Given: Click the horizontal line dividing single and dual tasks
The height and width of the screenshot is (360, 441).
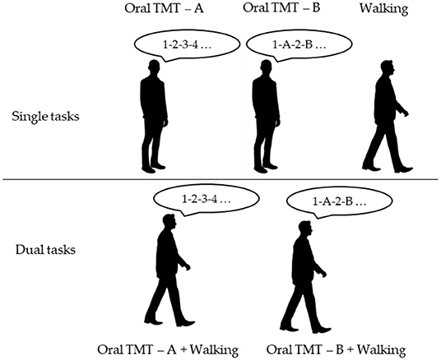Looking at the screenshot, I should [220, 179].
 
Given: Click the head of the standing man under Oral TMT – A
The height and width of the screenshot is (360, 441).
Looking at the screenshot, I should [154, 69].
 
